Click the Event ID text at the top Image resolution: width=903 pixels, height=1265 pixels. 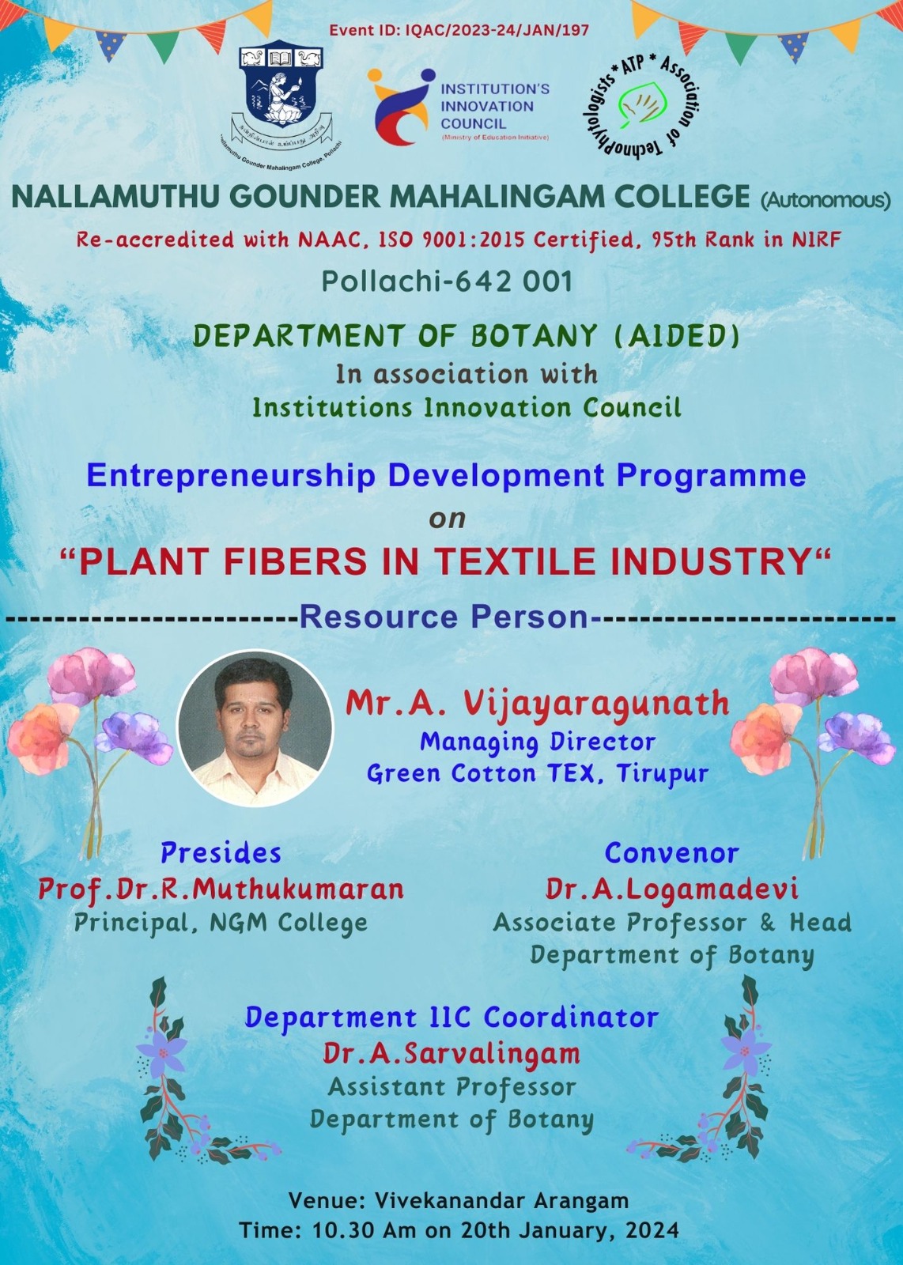click(459, 30)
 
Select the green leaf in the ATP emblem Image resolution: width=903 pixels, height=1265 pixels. click(641, 104)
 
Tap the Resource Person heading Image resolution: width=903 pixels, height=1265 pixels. click(444, 617)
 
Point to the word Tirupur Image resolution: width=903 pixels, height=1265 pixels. click(663, 773)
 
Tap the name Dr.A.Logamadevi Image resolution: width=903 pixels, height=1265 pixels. click(672, 889)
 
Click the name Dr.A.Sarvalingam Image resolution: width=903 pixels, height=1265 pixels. click(451, 1053)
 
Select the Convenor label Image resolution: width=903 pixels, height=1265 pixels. click(671, 853)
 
